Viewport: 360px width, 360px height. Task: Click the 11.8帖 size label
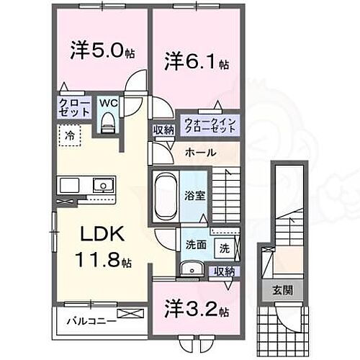click(x=104, y=260)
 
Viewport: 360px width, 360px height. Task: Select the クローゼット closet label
click(x=75, y=109)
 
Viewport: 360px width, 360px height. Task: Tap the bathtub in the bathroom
click(x=166, y=194)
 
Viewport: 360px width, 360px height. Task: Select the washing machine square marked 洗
click(x=225, y=248)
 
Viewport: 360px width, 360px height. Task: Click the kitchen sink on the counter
click(x=103, y=186)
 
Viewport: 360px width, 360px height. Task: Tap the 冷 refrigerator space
click(x=70, y=135)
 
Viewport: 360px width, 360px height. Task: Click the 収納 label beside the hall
click(x=163, y=130)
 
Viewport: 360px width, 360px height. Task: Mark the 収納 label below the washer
click(x=224, y=271)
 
